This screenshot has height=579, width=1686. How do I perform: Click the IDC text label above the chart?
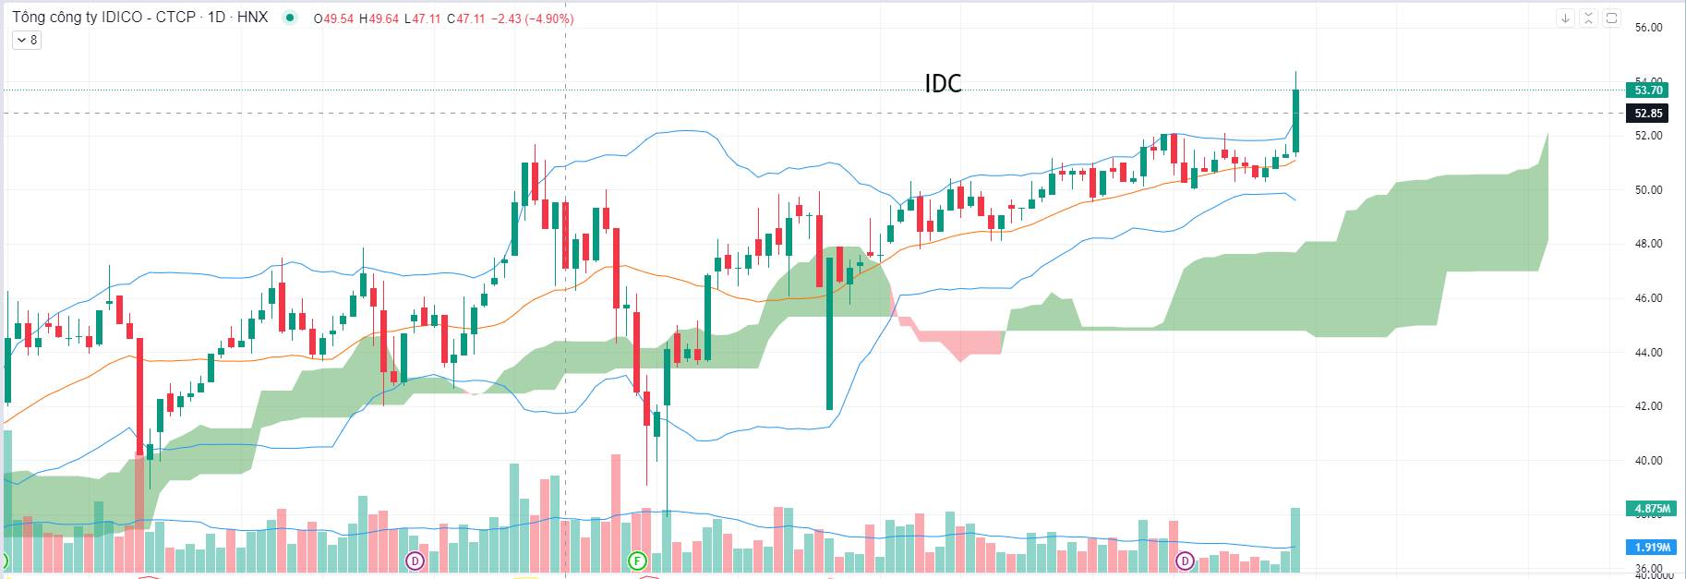coord(943,84)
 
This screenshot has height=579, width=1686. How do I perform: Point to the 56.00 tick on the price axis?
coord(1648,28)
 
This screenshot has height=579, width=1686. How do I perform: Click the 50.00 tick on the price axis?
coord(1648,190)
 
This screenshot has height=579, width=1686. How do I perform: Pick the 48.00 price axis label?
coord(1648,245)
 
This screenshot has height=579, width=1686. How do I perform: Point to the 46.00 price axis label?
coord(1648,298)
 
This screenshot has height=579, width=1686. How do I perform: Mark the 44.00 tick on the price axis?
coord(1648,353)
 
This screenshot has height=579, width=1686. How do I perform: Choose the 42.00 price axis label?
coord(1648,406)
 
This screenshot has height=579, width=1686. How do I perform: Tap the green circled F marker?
coord(636,561)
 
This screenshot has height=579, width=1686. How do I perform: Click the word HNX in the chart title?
coord(252,18)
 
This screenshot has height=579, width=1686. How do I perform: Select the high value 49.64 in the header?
coord(383,18)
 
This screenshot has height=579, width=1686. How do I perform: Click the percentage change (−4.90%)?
coord(548,18)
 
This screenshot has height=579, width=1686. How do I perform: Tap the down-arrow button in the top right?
coord(1565,18)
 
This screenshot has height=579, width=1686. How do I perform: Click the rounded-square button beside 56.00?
coord(1611,18)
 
